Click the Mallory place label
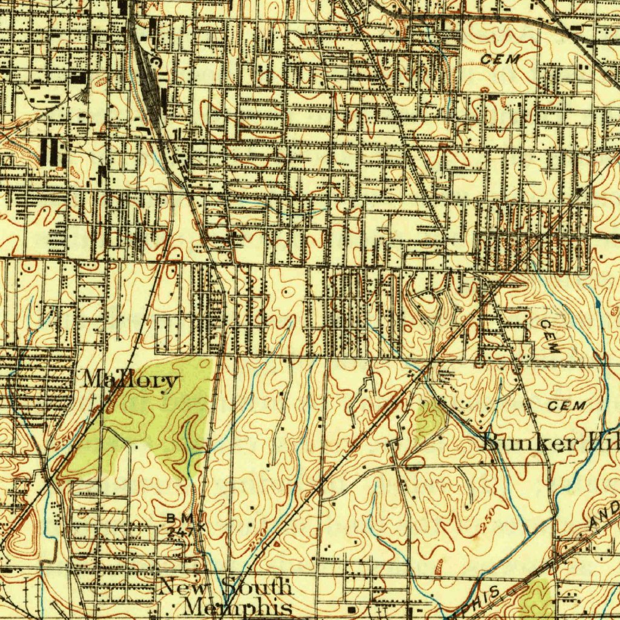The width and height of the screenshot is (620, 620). pos(131,380)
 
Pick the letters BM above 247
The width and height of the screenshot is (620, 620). pos(180,518)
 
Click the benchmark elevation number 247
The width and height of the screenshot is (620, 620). pos(179,530)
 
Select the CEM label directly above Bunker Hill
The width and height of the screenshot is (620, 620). pos(567,406)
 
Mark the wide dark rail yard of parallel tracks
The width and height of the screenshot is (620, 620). pos(149,79)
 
